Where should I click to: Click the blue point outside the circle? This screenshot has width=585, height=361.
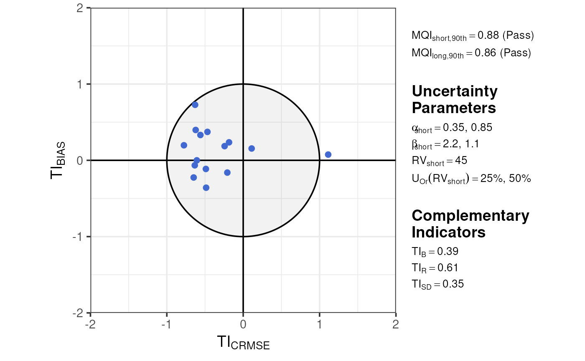click(328, 155)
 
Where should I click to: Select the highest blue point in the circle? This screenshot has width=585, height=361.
click(195, 105)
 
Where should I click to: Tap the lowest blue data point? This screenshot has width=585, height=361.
click(206, 188)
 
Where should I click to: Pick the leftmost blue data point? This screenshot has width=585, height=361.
click(184, 145)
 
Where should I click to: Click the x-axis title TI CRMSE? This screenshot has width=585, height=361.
click(243, 343)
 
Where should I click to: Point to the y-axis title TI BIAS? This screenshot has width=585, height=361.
click(58, 160)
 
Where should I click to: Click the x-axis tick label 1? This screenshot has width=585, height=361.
click(320, 324)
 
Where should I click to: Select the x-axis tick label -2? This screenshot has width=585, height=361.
click(90, 324)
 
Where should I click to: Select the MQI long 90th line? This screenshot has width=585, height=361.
click(471, 53)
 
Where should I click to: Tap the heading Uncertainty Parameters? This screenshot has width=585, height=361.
click(455, 99)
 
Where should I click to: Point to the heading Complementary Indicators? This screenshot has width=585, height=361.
click(470, 223)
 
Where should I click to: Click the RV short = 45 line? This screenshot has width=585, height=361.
click(439, 161)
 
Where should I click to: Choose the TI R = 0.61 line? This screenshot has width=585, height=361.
click(435, 268)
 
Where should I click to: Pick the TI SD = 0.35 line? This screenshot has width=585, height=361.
click(437, 285)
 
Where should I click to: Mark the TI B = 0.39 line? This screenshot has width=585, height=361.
click(435, 252)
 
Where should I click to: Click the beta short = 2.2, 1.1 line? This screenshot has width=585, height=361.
click(445, 144)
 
